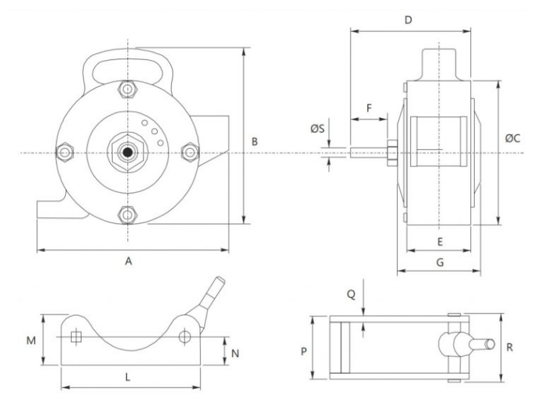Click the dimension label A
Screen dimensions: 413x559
coord(129,260)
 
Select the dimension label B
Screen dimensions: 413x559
coord(253,141)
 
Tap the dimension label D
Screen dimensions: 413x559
coord(408,20)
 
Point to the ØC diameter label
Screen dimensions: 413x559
coord(512,139)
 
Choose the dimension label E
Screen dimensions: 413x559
coord(439,242)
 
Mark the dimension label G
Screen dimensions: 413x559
coord(439,262)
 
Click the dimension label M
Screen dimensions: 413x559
coord(31,340)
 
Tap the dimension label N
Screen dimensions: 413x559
coord(235,353)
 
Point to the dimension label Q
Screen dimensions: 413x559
coord(353,294)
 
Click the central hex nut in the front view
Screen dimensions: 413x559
coord(128,153)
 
